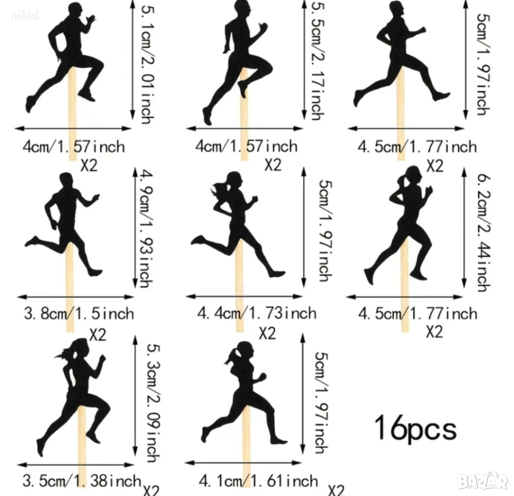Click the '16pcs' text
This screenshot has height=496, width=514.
(x=416, y=428)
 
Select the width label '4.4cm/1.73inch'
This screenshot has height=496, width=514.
(x=256, y=313)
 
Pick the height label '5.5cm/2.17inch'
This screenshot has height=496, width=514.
(x=318, y=59)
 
